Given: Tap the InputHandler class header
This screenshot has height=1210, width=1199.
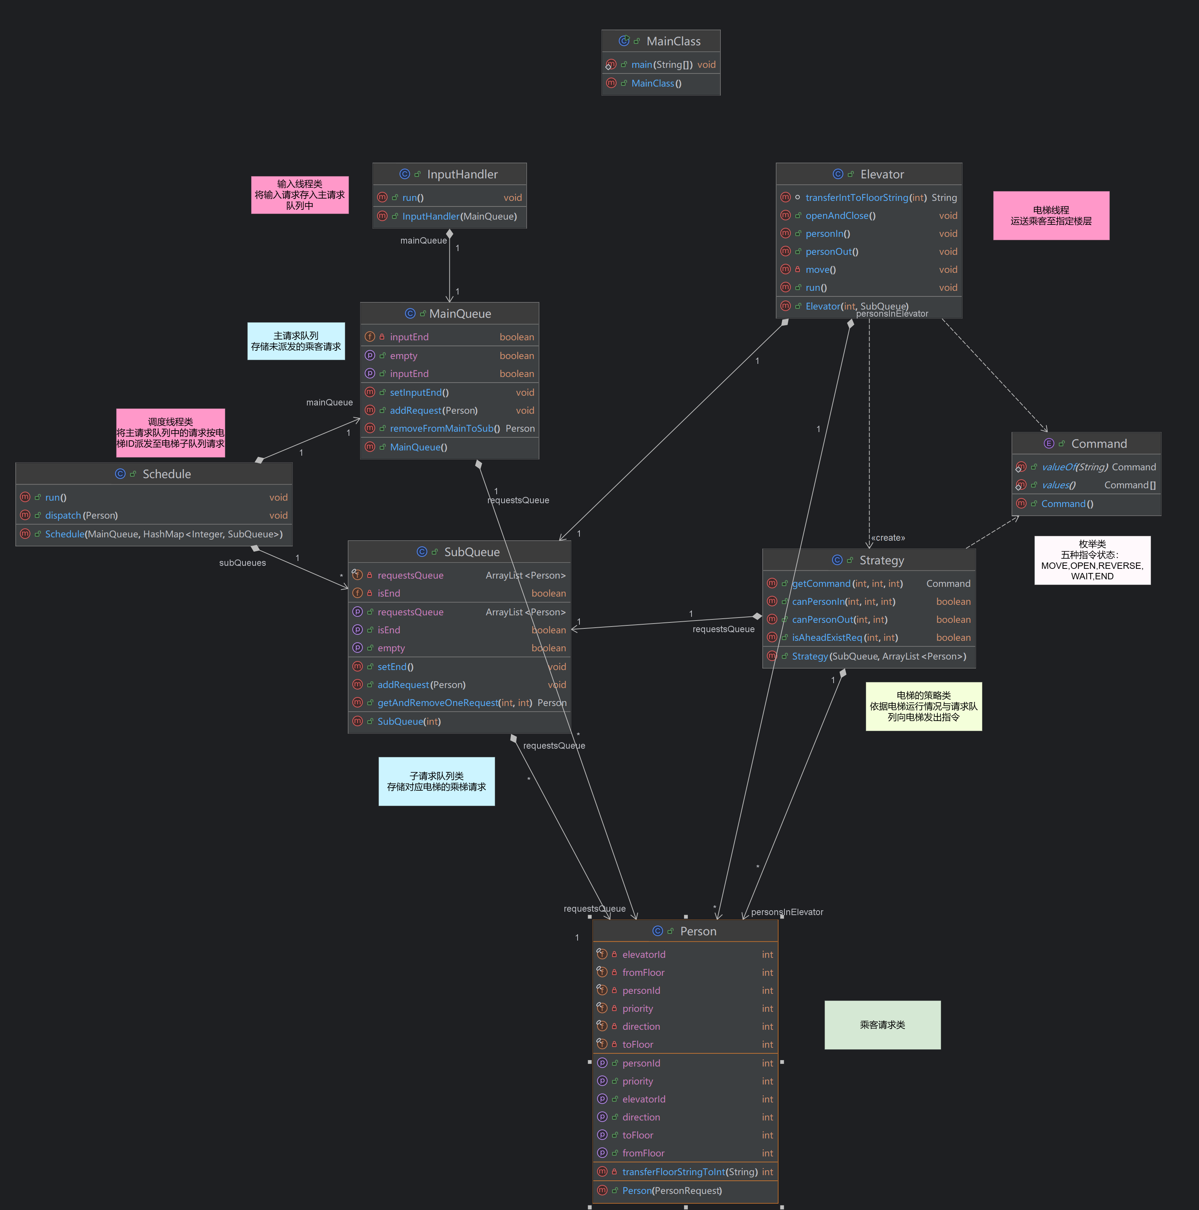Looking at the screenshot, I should pyautogui.click(x=462, y=174).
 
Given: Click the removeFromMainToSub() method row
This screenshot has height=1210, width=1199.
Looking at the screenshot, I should pyautogui.click(x=444, y=428).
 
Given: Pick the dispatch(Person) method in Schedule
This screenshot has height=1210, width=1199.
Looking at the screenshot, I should pyautogui.click(x=81, y=516).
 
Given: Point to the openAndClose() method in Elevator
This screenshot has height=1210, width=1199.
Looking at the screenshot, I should pyautogui.click(x=840, y=215).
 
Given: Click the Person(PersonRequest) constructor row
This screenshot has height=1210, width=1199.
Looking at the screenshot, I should pyautogui.click(x=672, y=1191).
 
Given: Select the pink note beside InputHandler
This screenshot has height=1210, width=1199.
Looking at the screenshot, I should pyautogui.click(x=299, y=195).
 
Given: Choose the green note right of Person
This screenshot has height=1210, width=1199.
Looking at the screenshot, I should pyautogui.click(x=882, y=1025).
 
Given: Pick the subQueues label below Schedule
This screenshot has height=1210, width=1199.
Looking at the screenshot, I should pyautogui.click(x=242, y=562).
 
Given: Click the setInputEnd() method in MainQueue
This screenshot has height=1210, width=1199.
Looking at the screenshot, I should pyautogui.click(x=419, y=393).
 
